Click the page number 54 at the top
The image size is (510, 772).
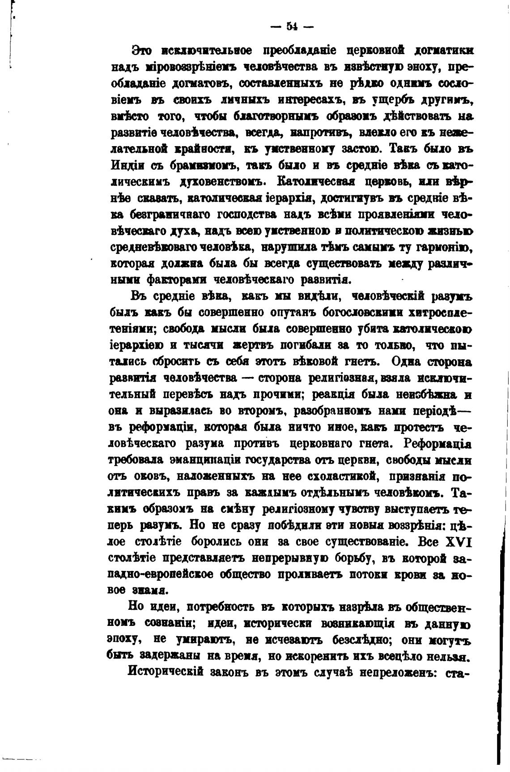pyautogui.click(x=293, y=27)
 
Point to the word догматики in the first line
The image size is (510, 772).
pyautogui.click(x=445, y=50)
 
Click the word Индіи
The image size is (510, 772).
pyautogui.click(x=127, y=165)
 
